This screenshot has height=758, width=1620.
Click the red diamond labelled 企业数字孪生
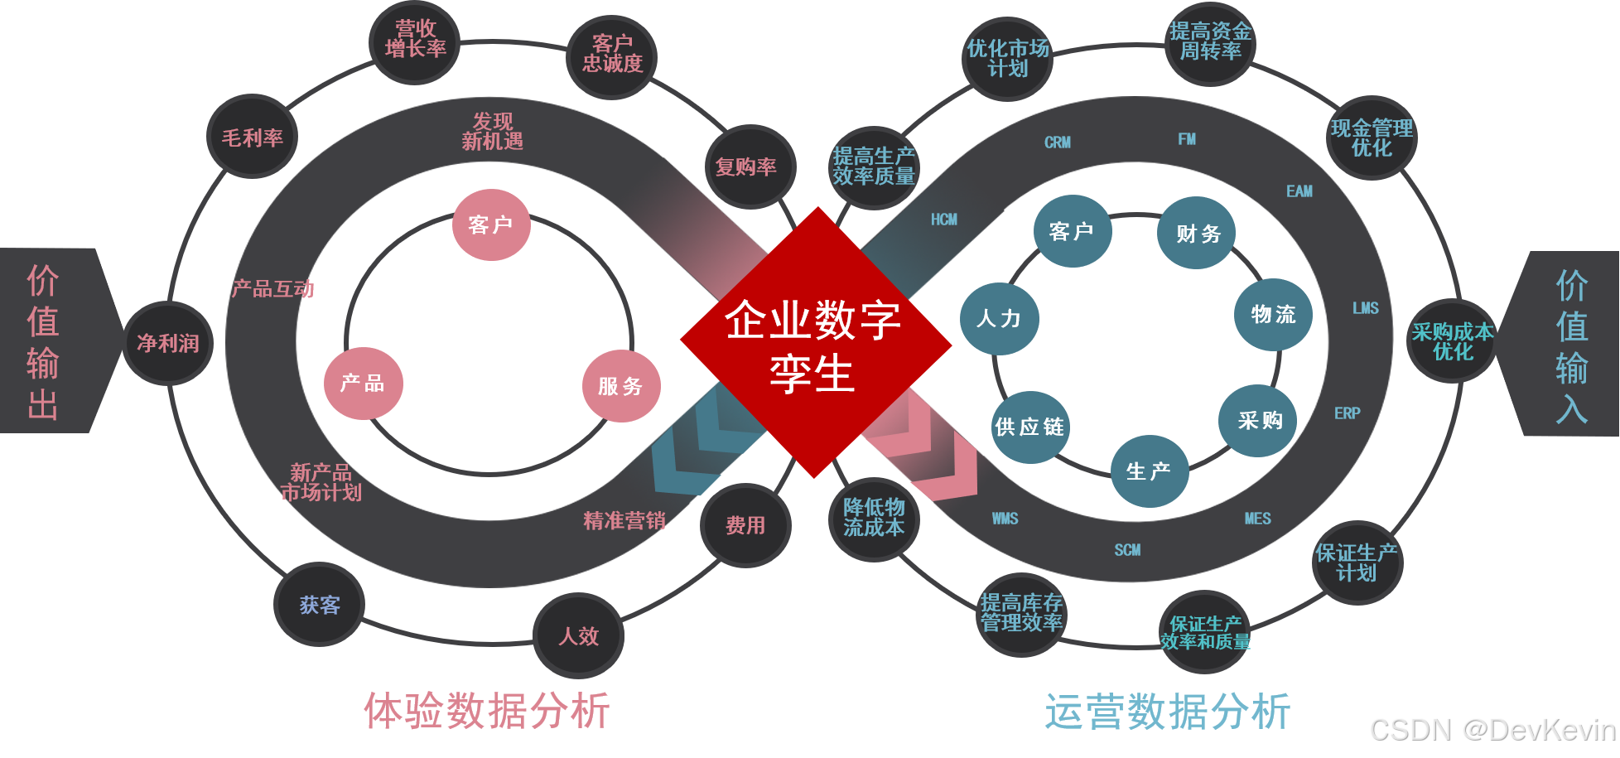(x=815, y=343)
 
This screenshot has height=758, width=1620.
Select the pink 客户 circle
(x=491, y=225)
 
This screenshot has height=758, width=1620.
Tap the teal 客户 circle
(x=1072, y=231)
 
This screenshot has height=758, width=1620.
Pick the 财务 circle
(x=1197, y=233)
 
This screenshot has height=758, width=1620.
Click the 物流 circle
(x=1273, y=314)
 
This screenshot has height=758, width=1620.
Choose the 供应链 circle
(x=1030, y=427)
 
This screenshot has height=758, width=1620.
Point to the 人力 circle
(x=999, y=318)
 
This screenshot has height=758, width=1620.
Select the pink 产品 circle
(x=363, y=383)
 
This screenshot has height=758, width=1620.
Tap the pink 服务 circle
(x=620, y=386)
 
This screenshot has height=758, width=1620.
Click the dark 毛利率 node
(x=253, y=138)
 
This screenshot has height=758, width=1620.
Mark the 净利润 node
(x=168, y=343)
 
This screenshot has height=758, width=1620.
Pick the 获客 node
(x=320, y=605)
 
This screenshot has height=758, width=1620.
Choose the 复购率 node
(x=747, y=167)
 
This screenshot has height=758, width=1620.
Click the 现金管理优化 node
(x=1372, y=138)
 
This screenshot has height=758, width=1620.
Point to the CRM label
(x=1058, y=142)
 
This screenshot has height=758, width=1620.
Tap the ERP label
(x=1348, y=413)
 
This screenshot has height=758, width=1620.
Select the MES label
(x=1257, y=519)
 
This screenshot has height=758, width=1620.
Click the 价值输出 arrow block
(x=50, y=341)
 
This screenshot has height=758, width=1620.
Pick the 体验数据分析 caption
(x=487, y=711)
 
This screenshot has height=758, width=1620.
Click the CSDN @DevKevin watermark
(x=1492, y=729)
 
